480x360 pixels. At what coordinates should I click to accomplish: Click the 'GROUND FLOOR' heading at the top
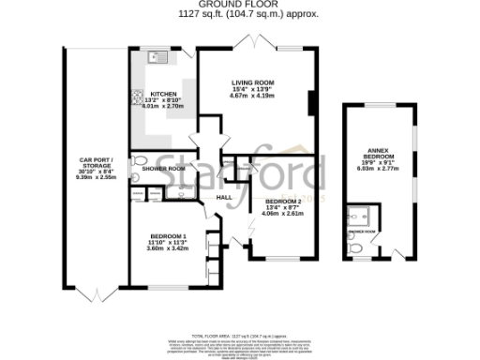coord(240,6)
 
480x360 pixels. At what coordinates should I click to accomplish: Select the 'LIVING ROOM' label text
coord(252,82)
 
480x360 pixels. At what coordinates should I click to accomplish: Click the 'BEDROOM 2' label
coord(283,202)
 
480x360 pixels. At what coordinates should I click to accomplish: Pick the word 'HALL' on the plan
coord(224,198)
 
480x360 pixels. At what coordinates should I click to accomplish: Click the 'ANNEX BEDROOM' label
coord(379,157)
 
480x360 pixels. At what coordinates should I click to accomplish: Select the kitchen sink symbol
coord(156,59)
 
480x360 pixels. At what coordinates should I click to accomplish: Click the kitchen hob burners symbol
coord(136,96)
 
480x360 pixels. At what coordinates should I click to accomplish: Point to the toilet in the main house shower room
coord(137,170)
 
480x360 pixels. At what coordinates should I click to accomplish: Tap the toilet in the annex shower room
coord(353,247)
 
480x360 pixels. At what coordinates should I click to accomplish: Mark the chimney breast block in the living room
coord(312,100)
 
